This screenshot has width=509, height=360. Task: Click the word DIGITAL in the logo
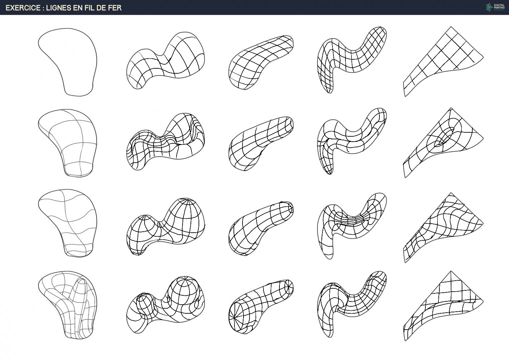(499, 5)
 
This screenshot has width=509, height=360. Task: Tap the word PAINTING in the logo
(499, 8)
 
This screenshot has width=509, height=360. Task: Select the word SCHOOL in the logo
(499, 10)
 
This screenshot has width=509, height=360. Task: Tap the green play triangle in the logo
(491, 8)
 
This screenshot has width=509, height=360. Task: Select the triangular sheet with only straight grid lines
(443, 62)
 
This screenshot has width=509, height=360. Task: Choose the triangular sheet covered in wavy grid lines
(443, 228)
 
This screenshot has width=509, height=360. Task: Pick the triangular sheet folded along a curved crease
(443, 306)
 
